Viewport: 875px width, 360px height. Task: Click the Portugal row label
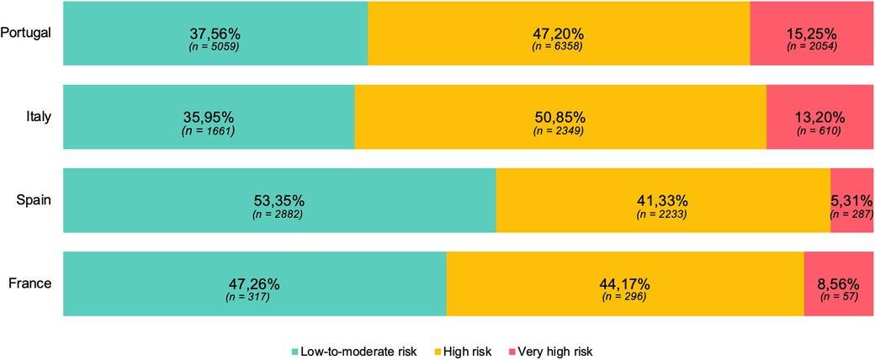pyautogui.click(x=27, y=33)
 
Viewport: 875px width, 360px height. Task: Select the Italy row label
pyautogui.click(x=39, y=116)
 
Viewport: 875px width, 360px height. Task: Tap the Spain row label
pyautogui.click(x=35, y=200)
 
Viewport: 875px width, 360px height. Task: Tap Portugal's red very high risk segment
pyautogui.click(x=811, y=34)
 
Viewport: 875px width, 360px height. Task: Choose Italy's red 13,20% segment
pyautogui.click(x=819, y=117)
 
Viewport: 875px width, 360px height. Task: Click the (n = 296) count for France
pyautogui.click(x=624, y=297)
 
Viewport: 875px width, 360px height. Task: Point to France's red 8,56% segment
pyautogui.click(x=838, y=283)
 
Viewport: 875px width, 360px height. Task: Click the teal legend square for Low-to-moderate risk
pyautogui.click(x=295, y=350)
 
